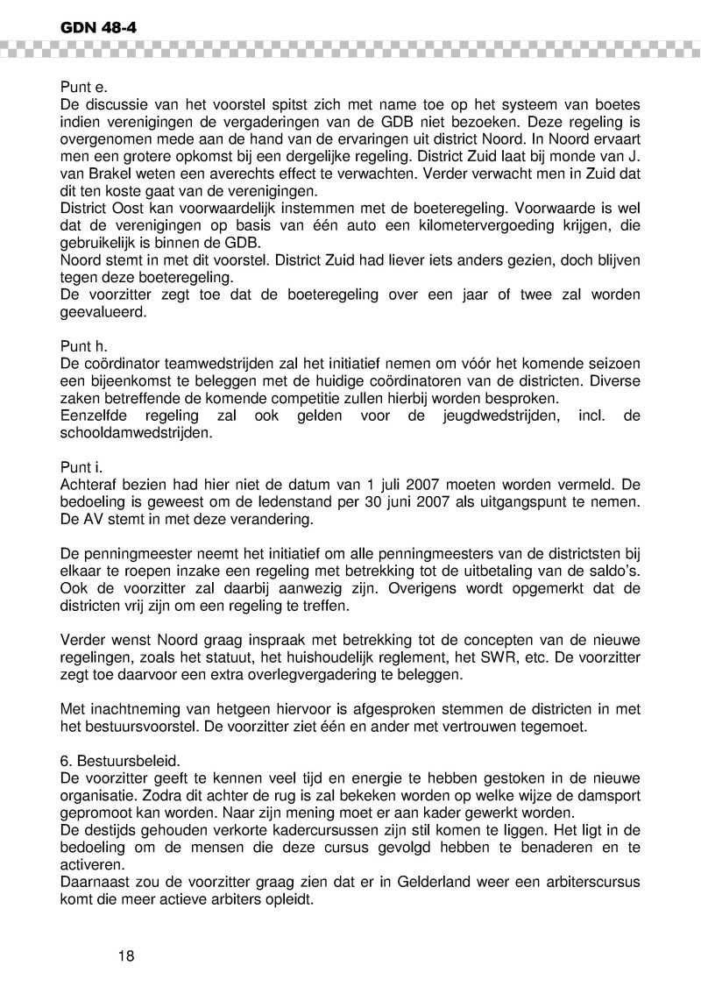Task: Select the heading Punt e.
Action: click(83, 88)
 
